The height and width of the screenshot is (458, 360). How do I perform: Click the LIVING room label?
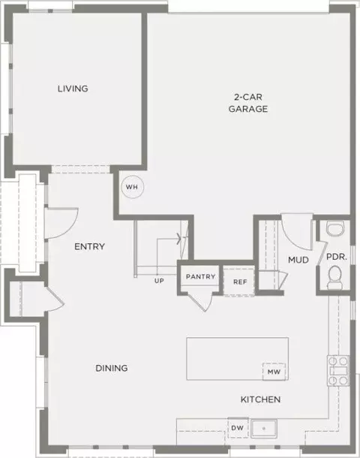(73, 89)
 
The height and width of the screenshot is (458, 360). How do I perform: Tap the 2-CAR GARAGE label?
(248, 103)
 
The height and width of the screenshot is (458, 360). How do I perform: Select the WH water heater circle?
(133, 187)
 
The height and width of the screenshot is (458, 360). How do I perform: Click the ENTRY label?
(89, 246)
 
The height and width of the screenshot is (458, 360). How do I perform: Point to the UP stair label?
(159, 281)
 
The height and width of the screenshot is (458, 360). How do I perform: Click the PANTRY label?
(201, 276)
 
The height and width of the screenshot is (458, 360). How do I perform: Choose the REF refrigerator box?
(239, 282)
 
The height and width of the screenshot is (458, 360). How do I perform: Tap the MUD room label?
(298, 260)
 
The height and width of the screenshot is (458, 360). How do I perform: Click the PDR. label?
(337, 257)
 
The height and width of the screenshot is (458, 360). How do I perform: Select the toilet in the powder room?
(335, 277)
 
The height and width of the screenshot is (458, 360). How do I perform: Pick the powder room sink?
(335, 227)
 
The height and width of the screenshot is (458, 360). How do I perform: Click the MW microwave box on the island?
(274, 372)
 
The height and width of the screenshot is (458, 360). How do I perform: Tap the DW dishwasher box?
(238, 428)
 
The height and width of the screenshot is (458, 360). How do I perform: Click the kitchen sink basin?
(264, 429)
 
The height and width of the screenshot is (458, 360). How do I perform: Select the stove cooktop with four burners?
(338, 371)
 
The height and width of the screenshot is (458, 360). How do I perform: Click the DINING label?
(112, 368)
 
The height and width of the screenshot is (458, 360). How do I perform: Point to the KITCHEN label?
(260, 399)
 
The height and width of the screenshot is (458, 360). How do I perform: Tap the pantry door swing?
(201, 301)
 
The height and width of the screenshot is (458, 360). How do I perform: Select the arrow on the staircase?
(169, 239)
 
